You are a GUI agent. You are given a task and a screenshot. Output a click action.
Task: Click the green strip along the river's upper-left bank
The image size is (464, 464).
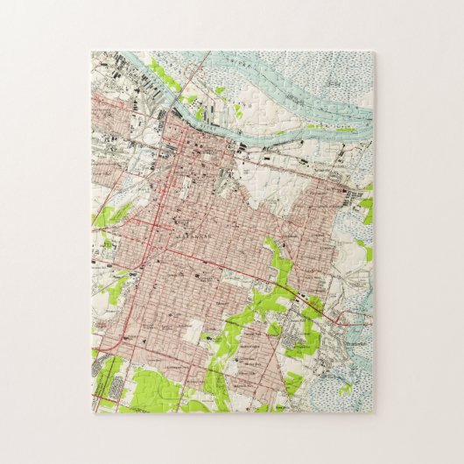coord(163,74)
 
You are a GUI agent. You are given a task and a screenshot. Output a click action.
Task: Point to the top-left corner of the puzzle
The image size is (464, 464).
coord(92,52)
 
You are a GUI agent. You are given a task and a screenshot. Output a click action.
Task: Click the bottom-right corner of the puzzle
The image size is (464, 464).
coord(373,412)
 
